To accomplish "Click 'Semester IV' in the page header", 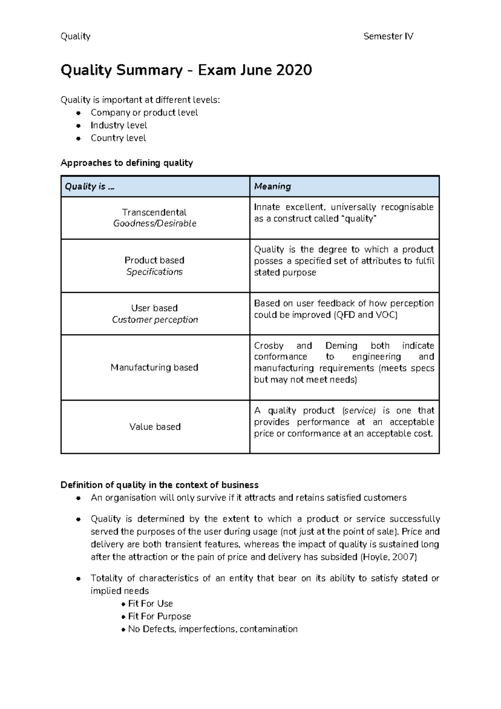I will [x=388, y=36].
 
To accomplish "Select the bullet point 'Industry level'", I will [x=119, y=125].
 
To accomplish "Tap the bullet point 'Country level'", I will [x=118, y=138].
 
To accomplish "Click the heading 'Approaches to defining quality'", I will [x=127, y=163].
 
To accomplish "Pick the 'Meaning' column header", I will [x=272, y=186].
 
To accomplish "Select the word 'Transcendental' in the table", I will [x=154, y=212].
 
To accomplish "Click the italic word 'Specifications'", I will [x=154, y=272].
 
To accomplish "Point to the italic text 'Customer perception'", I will [x=154, y=320].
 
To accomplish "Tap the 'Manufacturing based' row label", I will [x=154, y=367].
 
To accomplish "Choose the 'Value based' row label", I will [x=154, y=427].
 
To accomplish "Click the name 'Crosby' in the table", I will [x=268, y=346].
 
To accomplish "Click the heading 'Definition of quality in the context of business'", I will [x=159, y=485].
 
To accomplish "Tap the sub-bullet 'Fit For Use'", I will [x=150, y=604].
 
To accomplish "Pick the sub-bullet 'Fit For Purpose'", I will [x=159, y=616].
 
